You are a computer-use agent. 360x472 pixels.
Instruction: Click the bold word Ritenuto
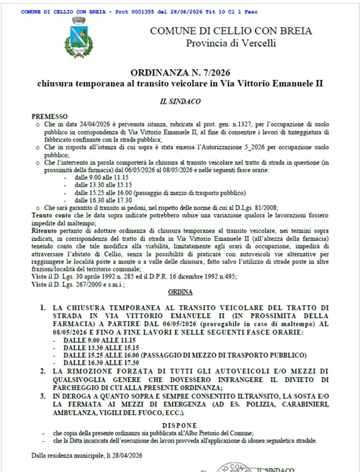click(45, 222)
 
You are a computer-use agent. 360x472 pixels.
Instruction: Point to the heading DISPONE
click(179, 424)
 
